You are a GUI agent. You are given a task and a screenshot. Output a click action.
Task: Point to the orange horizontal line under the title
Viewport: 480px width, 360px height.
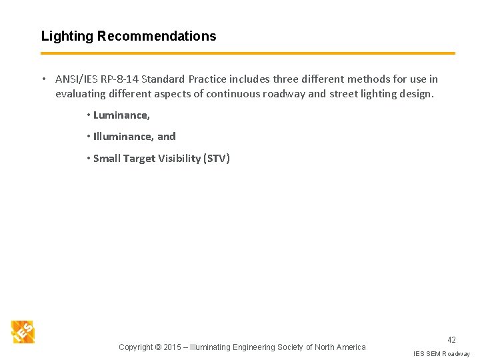[247, 53]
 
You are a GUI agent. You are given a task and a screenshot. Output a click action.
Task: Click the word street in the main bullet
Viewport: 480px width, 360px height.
[343, 94]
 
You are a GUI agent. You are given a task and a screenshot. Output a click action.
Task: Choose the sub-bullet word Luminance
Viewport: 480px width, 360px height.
[121, 115]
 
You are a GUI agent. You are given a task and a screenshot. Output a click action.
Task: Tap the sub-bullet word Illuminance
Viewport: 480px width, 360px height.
[123, 137]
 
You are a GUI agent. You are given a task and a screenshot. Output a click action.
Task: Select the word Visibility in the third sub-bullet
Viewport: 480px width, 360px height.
[173, 159]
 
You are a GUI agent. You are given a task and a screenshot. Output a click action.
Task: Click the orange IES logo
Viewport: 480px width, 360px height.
[23, 331]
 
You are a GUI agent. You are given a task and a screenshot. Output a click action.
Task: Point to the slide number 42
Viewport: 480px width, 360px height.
[451, 340]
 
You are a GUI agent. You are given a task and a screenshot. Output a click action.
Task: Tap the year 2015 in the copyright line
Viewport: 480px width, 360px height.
[173, 347]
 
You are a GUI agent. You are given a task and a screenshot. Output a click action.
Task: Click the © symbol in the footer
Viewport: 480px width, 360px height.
[158, 347]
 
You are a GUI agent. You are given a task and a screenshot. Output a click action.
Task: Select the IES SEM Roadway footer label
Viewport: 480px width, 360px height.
[441, 353]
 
